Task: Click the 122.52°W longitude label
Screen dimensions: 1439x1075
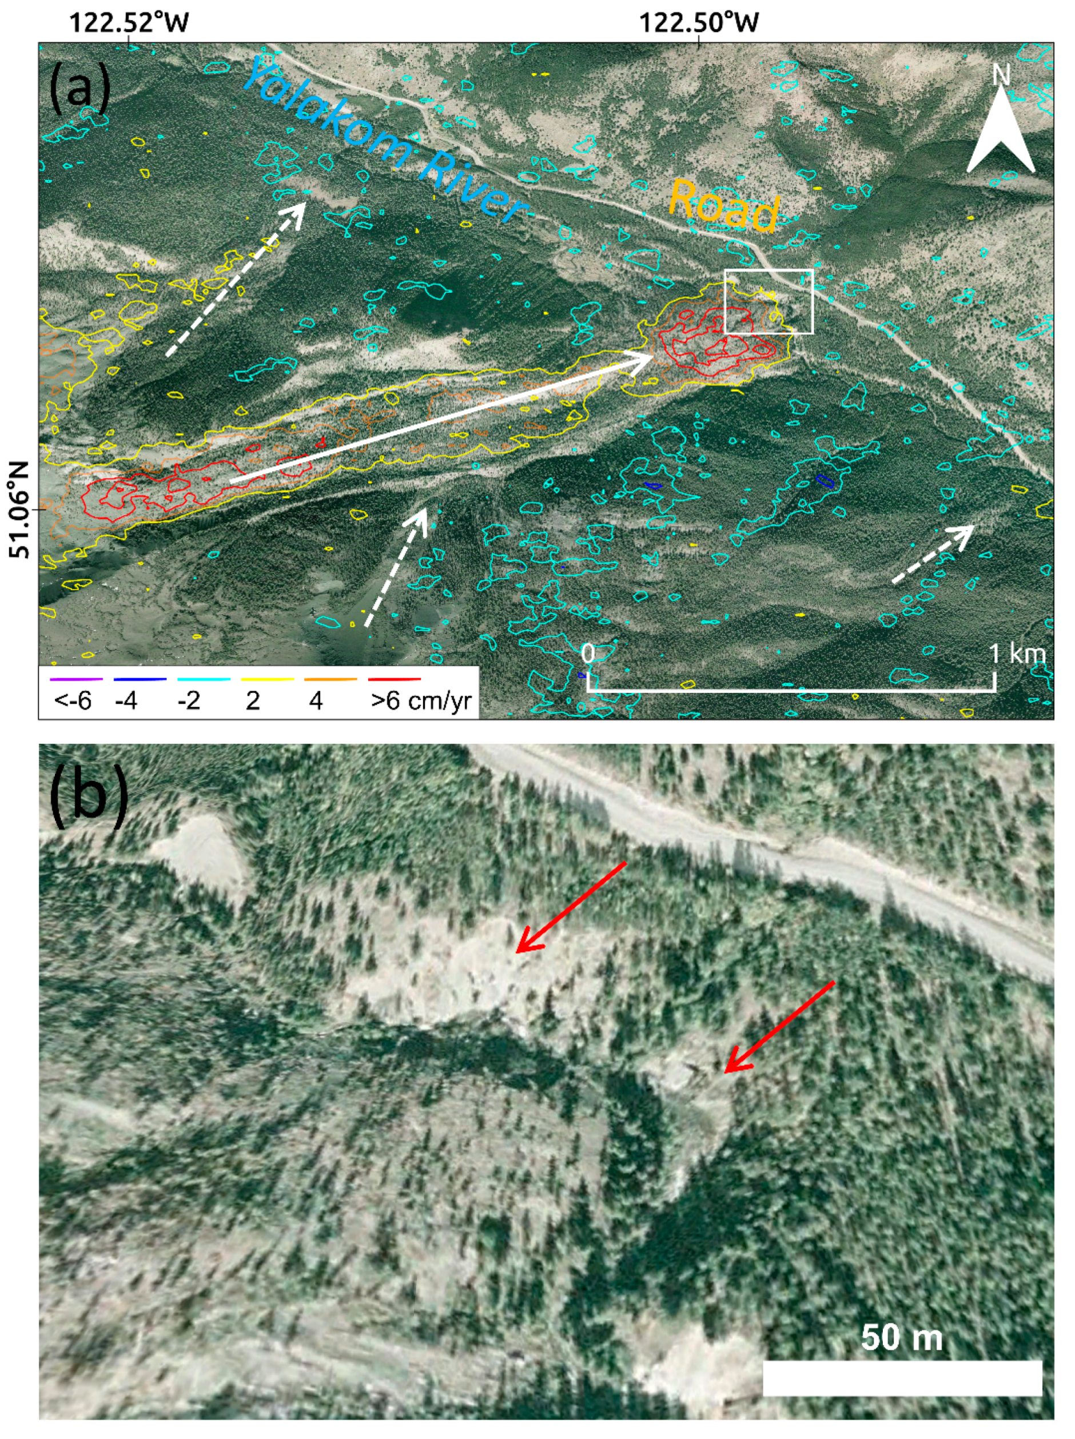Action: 128,23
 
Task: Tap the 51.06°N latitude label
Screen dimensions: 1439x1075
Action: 19,510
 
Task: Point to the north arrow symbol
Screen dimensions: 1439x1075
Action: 1000,127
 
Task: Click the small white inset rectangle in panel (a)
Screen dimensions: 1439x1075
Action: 769,301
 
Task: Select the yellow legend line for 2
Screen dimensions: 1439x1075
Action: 268,680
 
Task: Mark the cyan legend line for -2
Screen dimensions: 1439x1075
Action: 204,680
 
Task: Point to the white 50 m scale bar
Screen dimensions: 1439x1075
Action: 902,1378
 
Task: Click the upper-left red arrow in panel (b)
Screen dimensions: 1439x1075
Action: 571,907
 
